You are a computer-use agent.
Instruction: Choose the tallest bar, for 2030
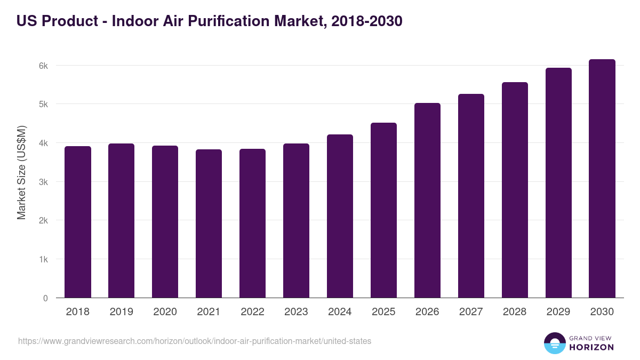click(x=602, y=179)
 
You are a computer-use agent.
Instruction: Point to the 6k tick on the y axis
click(x=43, y=66)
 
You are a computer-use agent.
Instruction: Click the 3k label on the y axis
click(x=43, y=182)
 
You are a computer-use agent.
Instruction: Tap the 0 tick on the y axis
click(x=45, y=298)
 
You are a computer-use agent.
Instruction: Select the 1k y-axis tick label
click(x=43, y=260)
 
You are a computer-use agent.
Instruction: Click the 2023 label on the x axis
click(x=296, y=312)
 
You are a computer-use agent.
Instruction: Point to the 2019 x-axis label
click(x=121, y=312)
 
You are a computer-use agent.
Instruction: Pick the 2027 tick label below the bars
click(x=471, y=312)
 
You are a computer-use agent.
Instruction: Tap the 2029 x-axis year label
click(x=558, y=312)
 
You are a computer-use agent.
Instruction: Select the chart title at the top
click(x=209, y=21)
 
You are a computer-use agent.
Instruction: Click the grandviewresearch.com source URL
click(x=195, y=341)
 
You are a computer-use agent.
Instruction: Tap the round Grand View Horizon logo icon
click(x=555, y=343)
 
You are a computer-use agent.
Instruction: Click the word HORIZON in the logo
click(x=591, y=347)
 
